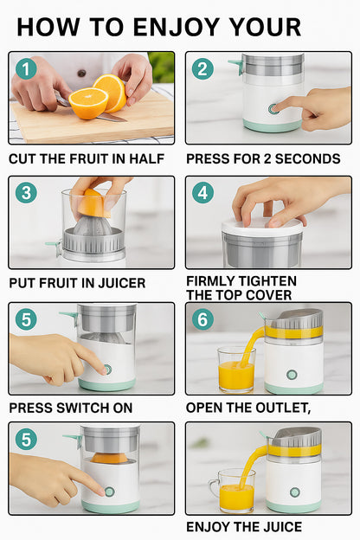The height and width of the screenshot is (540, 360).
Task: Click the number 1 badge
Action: (x=26, y=68)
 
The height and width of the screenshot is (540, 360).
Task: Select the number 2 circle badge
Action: (x=202, y=68)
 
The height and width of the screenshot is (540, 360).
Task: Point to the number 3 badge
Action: (x=26, y=192)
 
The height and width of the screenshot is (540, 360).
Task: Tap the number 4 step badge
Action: (x=202, y=192)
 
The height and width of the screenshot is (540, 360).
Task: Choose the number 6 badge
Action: (x=202, y=318)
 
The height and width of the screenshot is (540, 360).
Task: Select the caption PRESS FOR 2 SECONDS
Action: (x=263, y=159)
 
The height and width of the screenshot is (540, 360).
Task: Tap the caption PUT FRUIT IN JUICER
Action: (x=77, y=283)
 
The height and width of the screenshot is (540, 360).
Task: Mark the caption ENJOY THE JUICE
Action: (x=244, y=526)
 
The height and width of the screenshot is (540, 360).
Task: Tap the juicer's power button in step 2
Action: (x=273, y=109)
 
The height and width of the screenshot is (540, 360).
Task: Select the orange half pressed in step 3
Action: (x=93, y=203)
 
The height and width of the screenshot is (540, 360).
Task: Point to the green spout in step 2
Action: (x=235, y=62)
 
